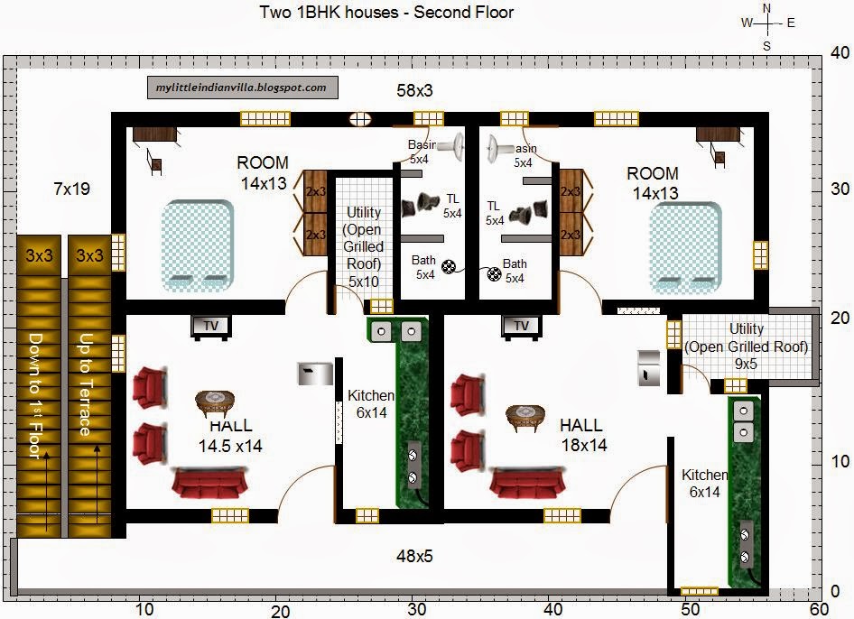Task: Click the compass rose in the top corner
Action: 766,24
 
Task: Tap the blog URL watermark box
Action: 242,88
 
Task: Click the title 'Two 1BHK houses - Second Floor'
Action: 374,13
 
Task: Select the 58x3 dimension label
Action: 415,90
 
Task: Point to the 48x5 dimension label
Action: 415,556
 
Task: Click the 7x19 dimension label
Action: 71,189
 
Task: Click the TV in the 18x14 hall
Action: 521,326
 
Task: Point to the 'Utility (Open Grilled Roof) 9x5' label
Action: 747,346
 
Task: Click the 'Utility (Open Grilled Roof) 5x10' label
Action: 364,246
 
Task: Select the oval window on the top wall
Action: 361,118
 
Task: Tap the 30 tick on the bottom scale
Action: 416,609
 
